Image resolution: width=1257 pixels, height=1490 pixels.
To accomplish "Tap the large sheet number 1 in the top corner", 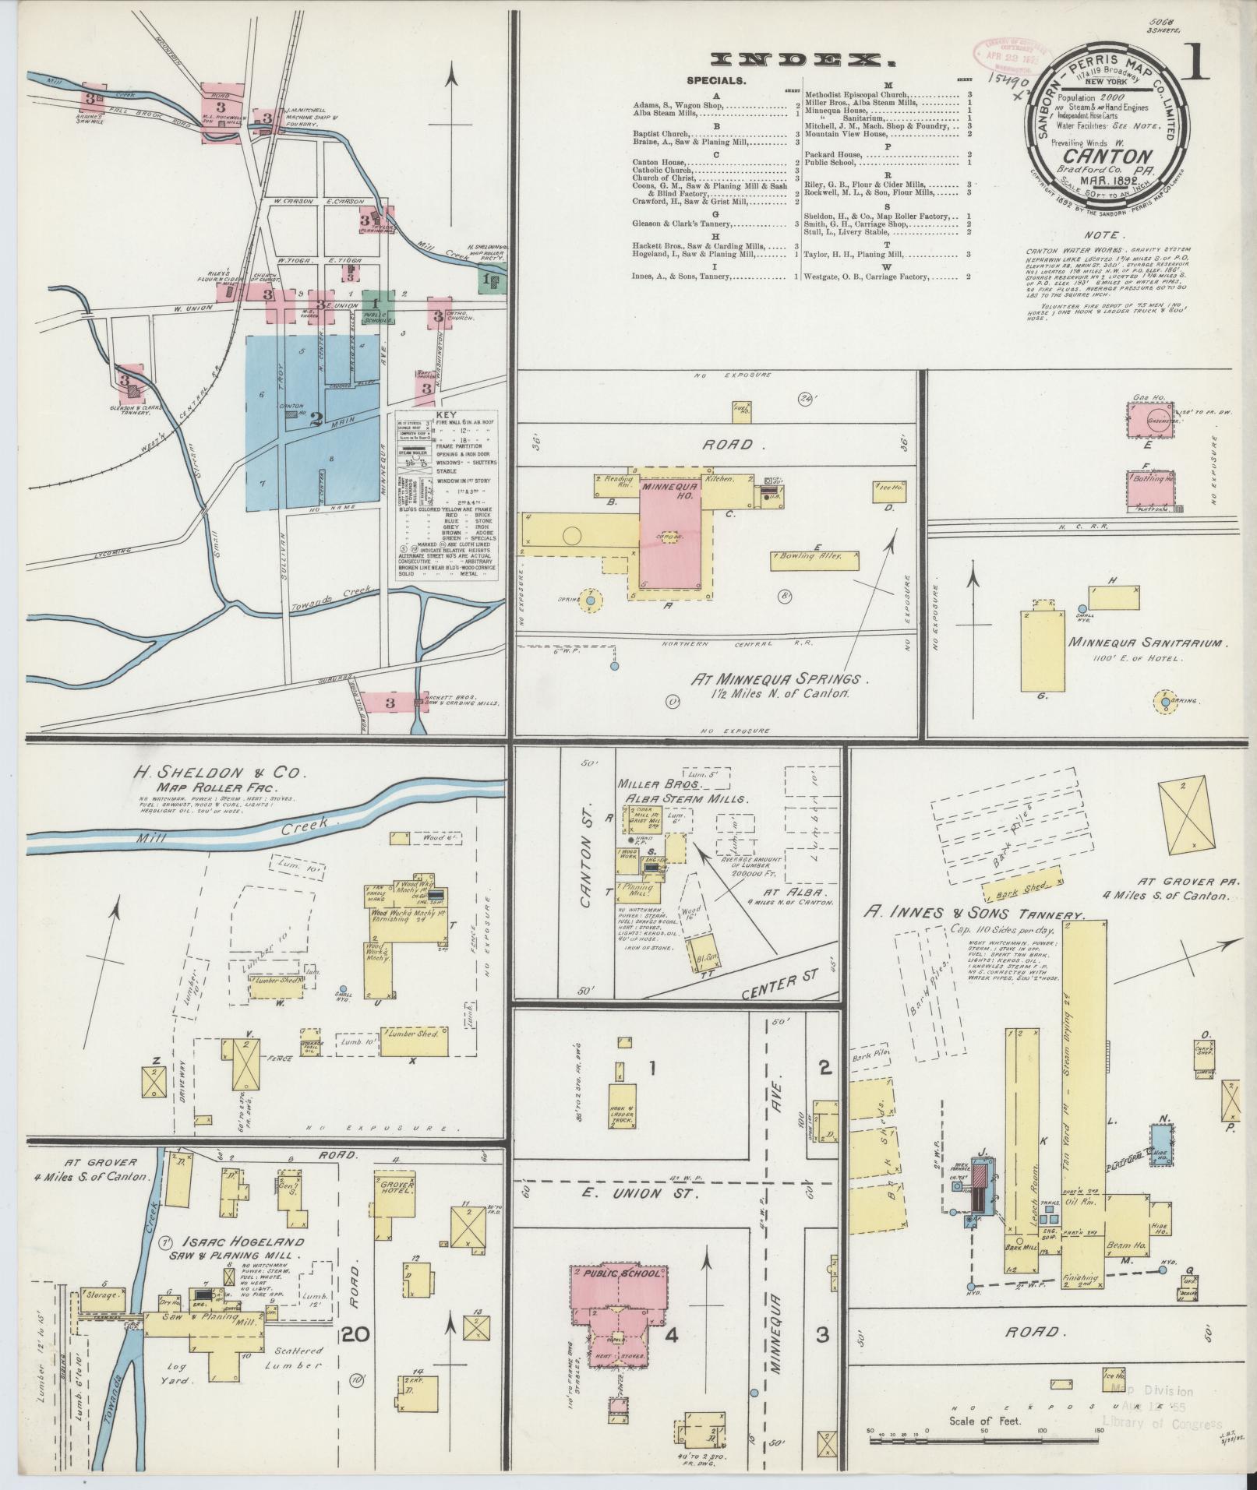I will (x=1193, y=65).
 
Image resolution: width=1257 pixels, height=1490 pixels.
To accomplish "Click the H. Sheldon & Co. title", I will (x=221, y=773).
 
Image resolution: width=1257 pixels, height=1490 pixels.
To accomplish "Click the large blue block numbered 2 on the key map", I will (x=316, y=421).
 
